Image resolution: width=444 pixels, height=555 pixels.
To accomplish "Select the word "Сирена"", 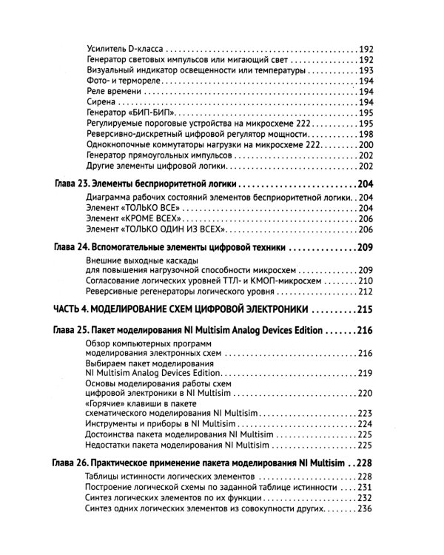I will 101,102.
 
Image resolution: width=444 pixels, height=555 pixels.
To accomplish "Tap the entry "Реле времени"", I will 113,91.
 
